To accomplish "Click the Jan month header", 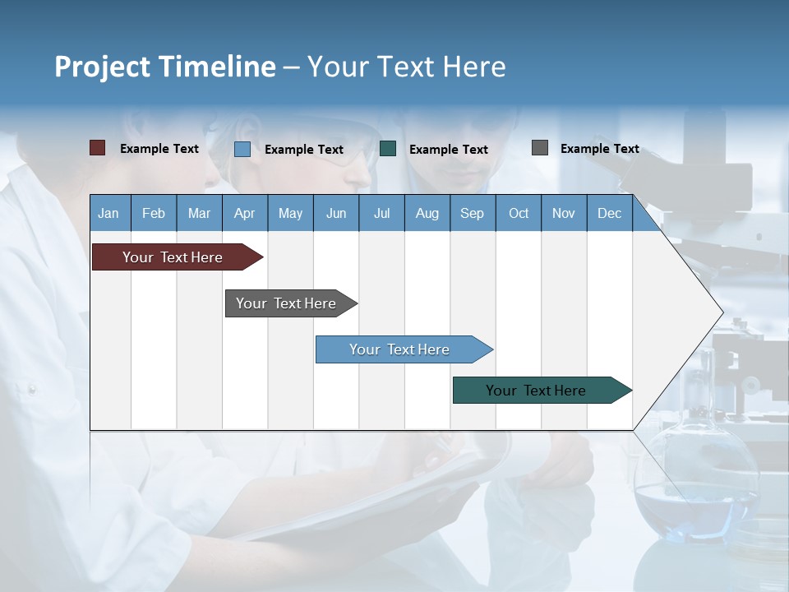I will [x=109, y=213].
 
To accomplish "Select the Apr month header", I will [x=245, y=213].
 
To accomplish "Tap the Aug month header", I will [x=427, y=213].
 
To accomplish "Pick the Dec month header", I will [x=610, y=213].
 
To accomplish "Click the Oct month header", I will [x=519, y=213].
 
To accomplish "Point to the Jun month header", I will [x=336, y=213].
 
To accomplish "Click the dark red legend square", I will [x=97, y=148].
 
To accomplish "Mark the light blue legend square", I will [x=242, y=149].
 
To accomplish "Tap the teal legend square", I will [x=388, y=148].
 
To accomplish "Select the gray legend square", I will [x=540, y=148].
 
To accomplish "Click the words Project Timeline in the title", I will [x=164, y=66].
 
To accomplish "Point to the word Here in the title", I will [x=474, y=66].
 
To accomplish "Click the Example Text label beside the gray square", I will [x=599, y=149].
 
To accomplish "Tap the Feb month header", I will [x=154, y=213].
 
